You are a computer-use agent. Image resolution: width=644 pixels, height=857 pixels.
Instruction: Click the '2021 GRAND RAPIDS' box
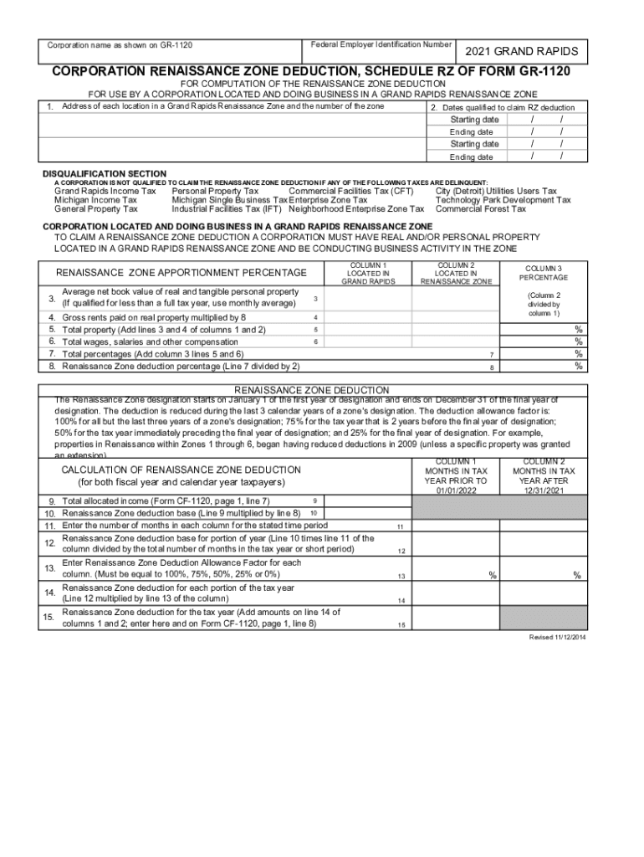(x=522, y=52)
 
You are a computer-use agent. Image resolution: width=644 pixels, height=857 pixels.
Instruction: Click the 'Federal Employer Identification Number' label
(x=381, y=44)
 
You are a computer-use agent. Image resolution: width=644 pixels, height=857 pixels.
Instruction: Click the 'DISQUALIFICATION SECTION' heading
(x=105, y=173)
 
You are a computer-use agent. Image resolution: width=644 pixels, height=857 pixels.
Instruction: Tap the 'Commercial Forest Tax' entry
(x=481, y=209)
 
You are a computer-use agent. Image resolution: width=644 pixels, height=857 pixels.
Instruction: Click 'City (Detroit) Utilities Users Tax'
(x=496, y=191)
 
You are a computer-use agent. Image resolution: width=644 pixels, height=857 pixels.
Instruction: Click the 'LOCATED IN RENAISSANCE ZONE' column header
(x=456, y=273)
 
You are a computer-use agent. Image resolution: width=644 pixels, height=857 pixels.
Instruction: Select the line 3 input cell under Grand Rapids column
(x=367, y=299)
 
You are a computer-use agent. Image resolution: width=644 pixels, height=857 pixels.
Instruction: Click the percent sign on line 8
(x=578, y=367)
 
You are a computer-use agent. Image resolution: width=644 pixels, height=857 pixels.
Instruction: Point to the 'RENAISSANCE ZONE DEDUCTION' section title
(x=311, y=390)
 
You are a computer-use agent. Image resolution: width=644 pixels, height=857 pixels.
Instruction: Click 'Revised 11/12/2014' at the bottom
(x=557, y=637)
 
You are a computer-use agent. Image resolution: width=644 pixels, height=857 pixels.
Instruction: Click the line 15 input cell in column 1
(x=455, y=618)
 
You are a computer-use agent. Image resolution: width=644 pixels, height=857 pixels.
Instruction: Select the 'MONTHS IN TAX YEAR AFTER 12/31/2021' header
(x=544, y=476)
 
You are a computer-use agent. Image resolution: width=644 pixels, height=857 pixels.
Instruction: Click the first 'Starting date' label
(x=474, y=120)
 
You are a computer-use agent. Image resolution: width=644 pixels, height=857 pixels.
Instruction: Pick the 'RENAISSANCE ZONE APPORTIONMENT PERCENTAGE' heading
(x=181, y=273)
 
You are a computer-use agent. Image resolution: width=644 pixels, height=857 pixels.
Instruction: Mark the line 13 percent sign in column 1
(x=493, y=575)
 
